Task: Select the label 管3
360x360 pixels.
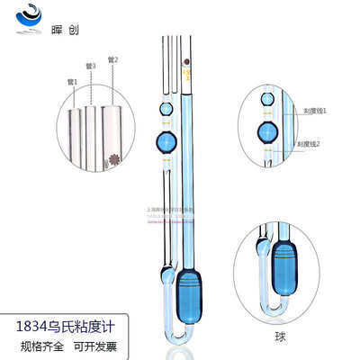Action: pos(92,67)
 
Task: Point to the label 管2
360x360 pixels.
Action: pos(112,60)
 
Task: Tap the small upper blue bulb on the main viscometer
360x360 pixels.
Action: pos(165,109)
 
